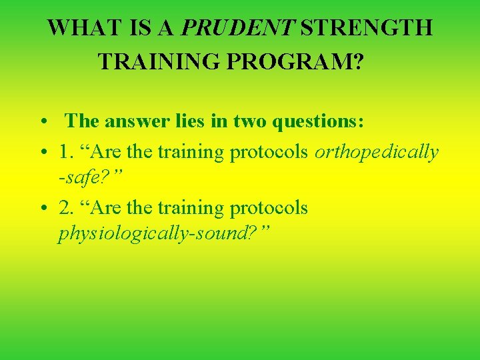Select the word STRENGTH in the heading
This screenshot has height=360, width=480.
pyautogui.click(x=367, y=29)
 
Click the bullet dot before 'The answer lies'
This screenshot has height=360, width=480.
pyautogui.click(x=42, y=123)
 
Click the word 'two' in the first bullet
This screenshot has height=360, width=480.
pyautogui.click(x=248, y=121)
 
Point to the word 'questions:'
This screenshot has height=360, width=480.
pyautogui.click(x=316, y=122)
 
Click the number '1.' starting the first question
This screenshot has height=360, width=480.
pyautogui.click(x=66, y=152)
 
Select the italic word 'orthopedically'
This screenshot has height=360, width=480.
pyautogui.click(x=377, y=153)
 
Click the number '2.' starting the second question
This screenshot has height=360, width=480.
pyautogui.click(x=66, y=208)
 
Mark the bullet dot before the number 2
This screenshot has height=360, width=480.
pyautogui.click(x=42, y=209)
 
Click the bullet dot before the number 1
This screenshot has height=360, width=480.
pyautogui.click(x=42, y=153)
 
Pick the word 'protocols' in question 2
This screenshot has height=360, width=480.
pyautogui.click(x=269, y=208)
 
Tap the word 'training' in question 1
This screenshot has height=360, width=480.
pyautogui.click(x=191, y=152)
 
